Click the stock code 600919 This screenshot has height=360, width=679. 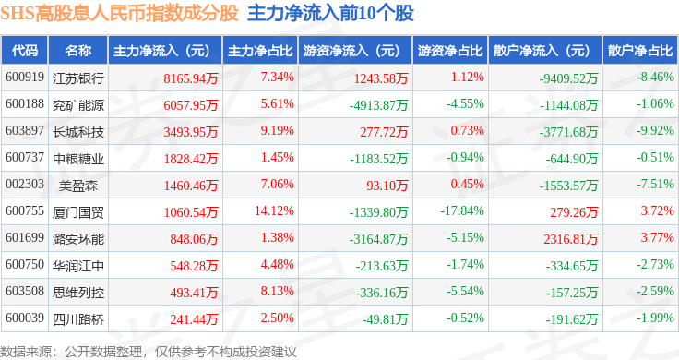click(x=25, y=78)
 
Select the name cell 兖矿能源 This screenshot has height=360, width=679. click(x=78, y=105)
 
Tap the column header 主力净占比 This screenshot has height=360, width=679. click(x=260, y=51)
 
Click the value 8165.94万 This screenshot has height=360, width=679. click(x=191, y=78)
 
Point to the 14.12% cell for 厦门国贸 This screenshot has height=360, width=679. click(x=274, y=211)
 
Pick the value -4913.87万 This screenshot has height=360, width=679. click(x=378, y=105)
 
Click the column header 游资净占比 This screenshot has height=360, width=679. click(x=450, y=51)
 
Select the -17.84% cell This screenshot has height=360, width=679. click(x=462, y=211)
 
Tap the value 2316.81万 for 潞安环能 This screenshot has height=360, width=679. click(x=571, y=239)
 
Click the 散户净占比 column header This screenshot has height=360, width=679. click(x=640, y=51)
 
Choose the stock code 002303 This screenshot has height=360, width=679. click(x=25, y=184)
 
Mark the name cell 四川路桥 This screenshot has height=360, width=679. click(x=78, y=319)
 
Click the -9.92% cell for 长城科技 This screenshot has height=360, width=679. click(x=655, y=131)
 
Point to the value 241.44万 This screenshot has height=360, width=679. click(x=194, y=319)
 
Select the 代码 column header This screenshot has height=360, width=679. click(x=25, y=51)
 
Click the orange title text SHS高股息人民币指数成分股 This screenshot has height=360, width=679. click(x=120, y=14)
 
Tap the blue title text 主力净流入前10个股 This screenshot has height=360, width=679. click(x=330, y=14)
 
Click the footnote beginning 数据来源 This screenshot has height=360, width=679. click(x=149, y=352)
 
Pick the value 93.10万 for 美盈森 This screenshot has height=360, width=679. click(x=387, y=186)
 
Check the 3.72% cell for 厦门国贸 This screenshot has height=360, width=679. click(x=658, y=211)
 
